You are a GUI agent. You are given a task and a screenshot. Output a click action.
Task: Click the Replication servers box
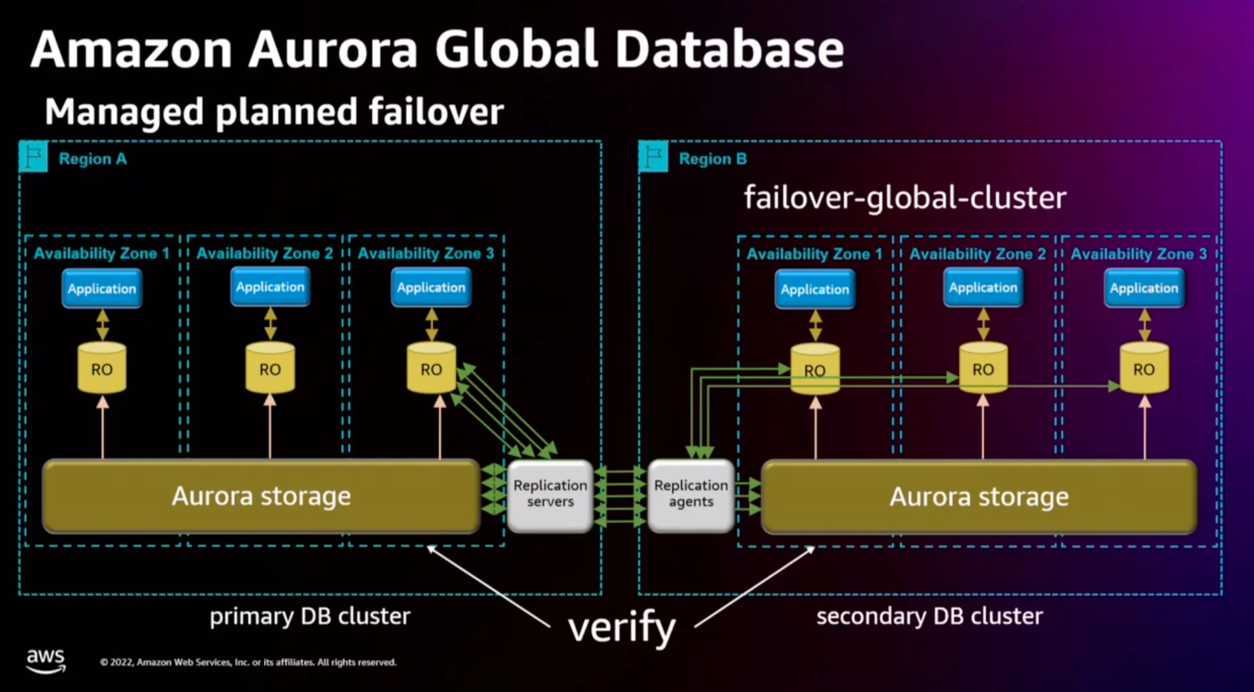pyautogui.click(x=550, y=495)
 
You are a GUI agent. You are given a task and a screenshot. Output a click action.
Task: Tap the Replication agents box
pyautogui.click(x=690, y=495)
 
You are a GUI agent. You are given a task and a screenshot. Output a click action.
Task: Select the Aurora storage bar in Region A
pyautogui.click(x=261, y=497)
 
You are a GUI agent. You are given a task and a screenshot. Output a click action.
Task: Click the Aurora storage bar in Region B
pyautogui.click(x=978, y=497)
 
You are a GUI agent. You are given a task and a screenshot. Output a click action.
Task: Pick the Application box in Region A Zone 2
pyautogui.click(x=270, y=287)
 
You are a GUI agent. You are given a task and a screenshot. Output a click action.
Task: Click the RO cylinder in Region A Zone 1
pyautogui.click(x=102, y=369)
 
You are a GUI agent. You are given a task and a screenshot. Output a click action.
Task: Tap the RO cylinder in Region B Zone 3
pyautogui.click(x=1144, y=369)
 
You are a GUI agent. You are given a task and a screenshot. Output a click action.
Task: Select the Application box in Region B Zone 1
pyautogui.click(x=814, y=289)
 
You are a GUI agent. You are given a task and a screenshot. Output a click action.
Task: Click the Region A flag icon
pyautogui.click(x=33, y=157)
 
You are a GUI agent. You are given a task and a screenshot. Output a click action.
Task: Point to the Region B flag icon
pyautogui.click(x=653, y=157)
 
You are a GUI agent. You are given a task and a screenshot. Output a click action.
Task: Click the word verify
pyautogui.click(x=622, y=628)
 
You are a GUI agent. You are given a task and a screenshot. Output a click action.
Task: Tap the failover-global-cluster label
pyautogui.click(x=905, y=197)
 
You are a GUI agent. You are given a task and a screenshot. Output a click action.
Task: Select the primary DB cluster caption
pyautogui.click(x=310, y=616)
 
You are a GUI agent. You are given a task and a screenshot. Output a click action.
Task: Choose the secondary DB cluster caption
pyautogui.click(x=929, y=616)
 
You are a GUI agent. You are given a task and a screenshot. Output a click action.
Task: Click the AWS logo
pyautogui.click(x=46, y=660)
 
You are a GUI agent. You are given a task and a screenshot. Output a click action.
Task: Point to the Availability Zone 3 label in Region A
pyautogui.click(x=426, y=254)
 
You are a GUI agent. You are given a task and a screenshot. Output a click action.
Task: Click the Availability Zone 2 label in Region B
pyautogui.click(x=977, y=254)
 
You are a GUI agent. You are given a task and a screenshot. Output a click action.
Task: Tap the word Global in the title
pyautogui.click(x=517, y=50)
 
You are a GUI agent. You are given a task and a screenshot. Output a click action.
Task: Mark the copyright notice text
pyautogui.click(x=248, y=662)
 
